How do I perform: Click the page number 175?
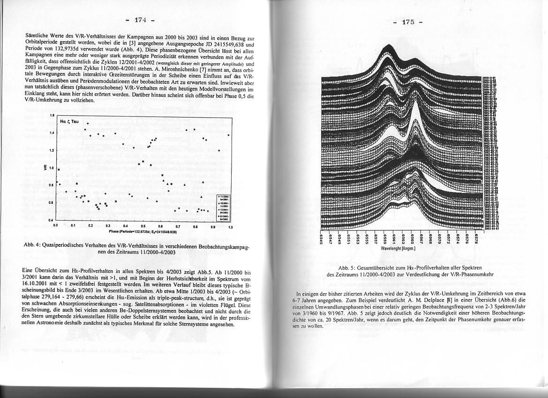pos(408,22)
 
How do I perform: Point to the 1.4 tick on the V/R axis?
pos(52,133)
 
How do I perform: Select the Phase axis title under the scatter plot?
pos(142,231)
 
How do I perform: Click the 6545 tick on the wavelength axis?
pos(322,238)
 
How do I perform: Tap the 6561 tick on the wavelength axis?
pos(395,238)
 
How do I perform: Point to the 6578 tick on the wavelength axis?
pos(477,238)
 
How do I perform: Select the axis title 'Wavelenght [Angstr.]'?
pos(399,248)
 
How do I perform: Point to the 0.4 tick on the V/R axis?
pos(52,219)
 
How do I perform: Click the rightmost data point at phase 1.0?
pos(228,135)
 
